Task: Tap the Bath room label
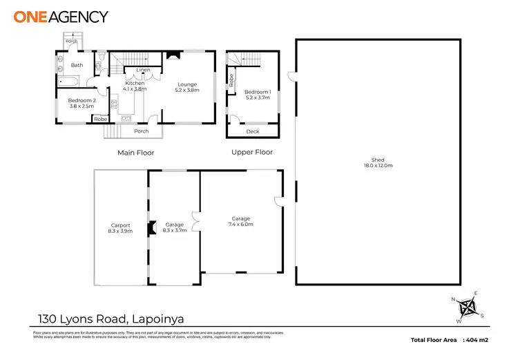[77, 66]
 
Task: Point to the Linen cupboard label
[143, 70]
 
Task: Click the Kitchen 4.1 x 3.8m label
[135, 86]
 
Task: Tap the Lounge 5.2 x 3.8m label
[187, 87]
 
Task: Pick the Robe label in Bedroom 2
[101, 119]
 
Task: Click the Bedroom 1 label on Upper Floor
[258, 95]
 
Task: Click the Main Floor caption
[135, 152]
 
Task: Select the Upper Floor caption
[252, 152]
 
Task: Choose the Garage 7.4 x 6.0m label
[241, 221]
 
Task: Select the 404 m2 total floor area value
[477, 341]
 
